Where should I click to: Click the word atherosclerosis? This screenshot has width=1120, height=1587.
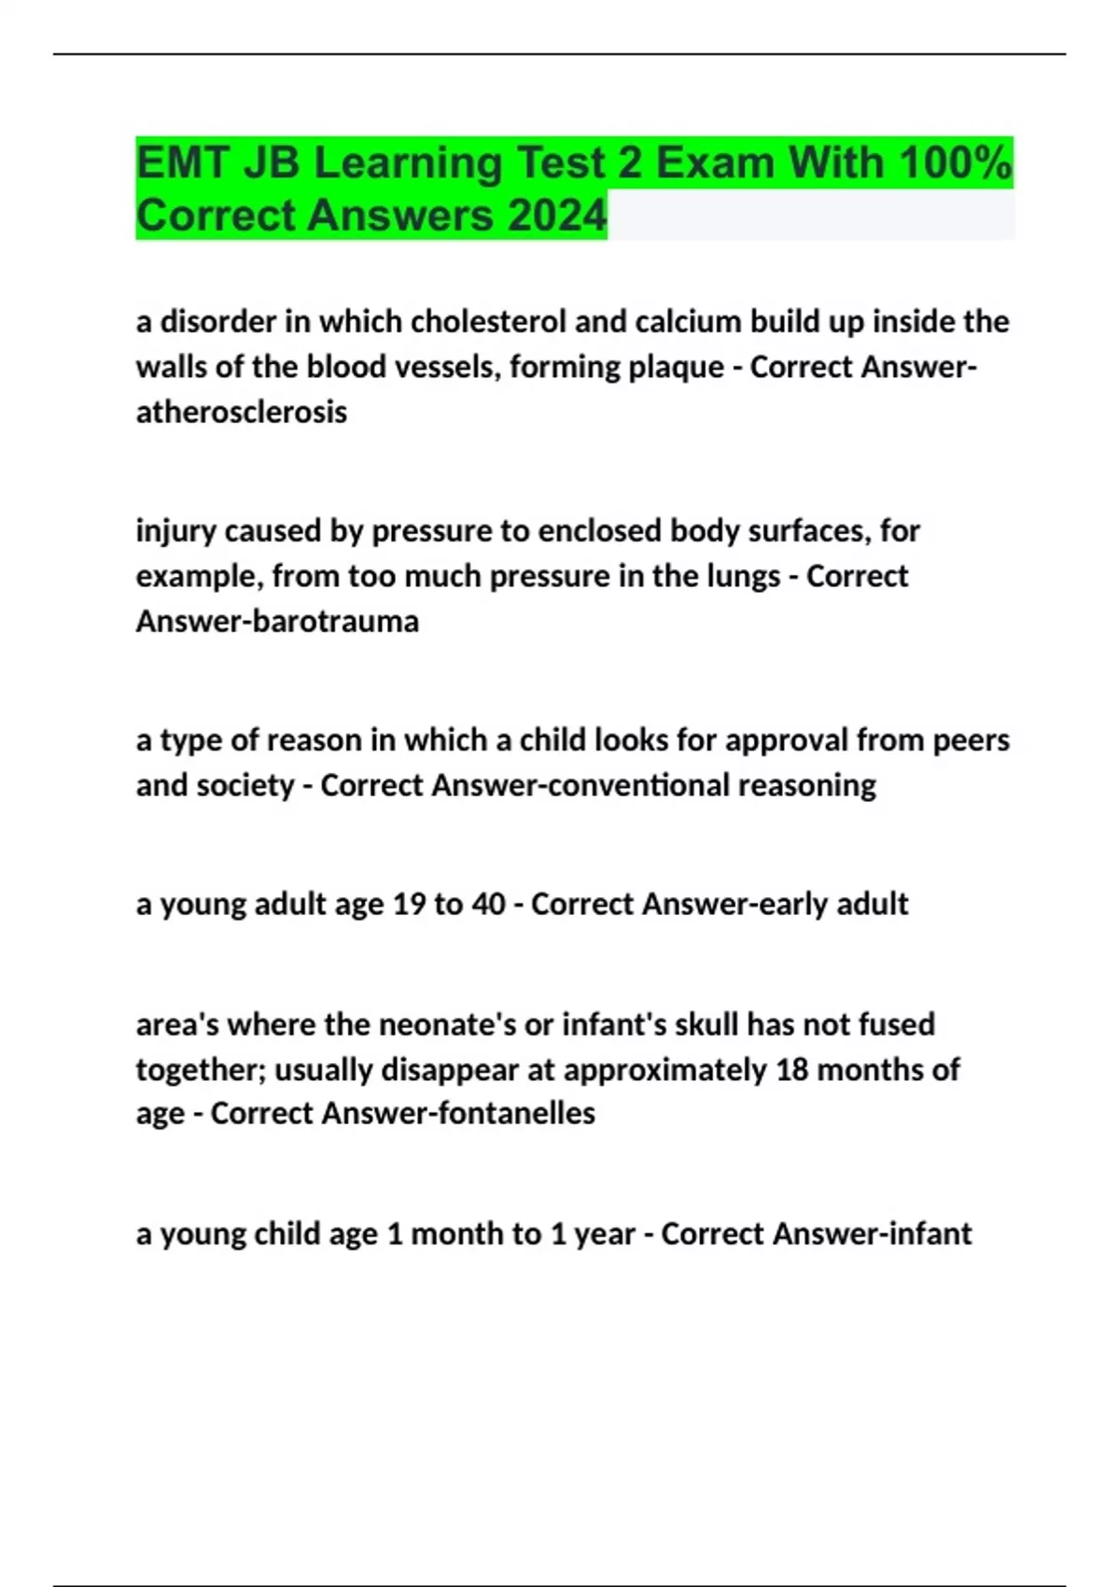click(x=241, y=412)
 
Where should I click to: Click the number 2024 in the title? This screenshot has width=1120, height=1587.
click(x=557, y=216)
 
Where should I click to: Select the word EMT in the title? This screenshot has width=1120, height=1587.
click(x=182, y=163)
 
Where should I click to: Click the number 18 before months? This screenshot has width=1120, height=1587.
click(x=791, y=1069)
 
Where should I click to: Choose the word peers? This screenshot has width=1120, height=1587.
click(x=971, y=740)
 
